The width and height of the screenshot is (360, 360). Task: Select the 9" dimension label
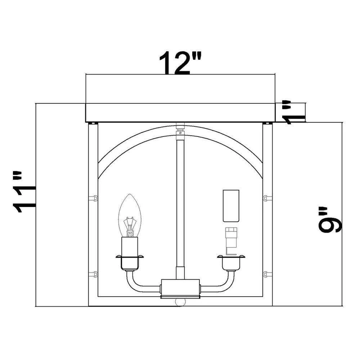[x=330, y=220]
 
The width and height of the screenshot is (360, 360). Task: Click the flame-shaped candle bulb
[x=130, y=215]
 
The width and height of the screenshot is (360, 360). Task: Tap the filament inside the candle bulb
[x=130, y=227]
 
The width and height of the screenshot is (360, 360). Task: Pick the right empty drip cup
[x=231, y=262]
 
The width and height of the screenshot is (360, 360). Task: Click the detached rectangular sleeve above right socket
[x=231, y=206]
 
